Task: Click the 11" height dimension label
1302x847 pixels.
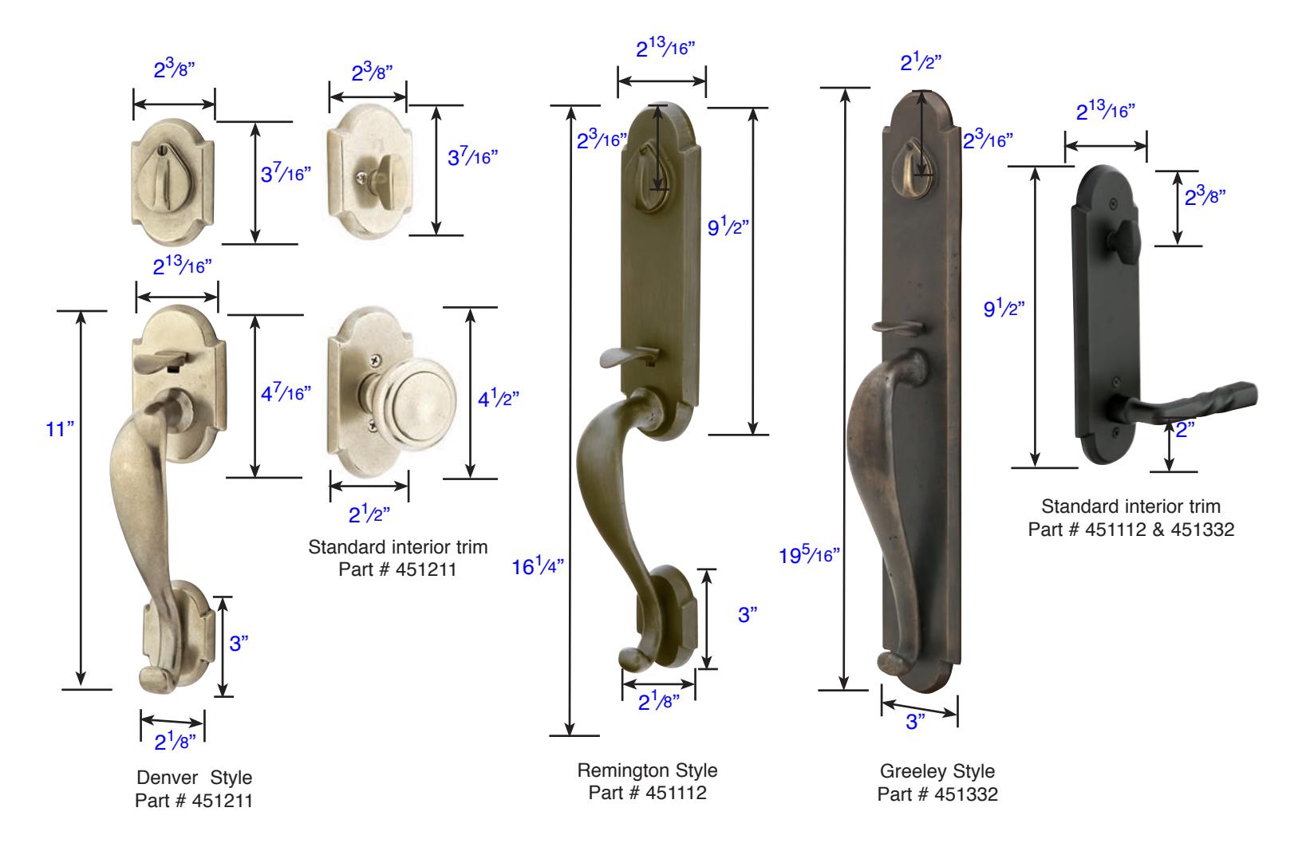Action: (x=60, y=429)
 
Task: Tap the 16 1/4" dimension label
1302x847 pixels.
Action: (x=538, y=565)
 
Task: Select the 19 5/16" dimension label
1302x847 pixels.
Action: (x=809, y=555)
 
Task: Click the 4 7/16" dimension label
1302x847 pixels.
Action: (x=286, y=392)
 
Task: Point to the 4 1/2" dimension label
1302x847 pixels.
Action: (x=498, y=398)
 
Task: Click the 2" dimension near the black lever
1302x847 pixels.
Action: (x=1186, y=430)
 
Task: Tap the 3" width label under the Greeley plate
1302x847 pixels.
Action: (x=915, y=722)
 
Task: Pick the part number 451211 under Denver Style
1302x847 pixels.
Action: (x=222, y=801)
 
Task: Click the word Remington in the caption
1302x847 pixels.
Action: (x=621, y=770)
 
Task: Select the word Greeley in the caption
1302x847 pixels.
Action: (x=909, y=771)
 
